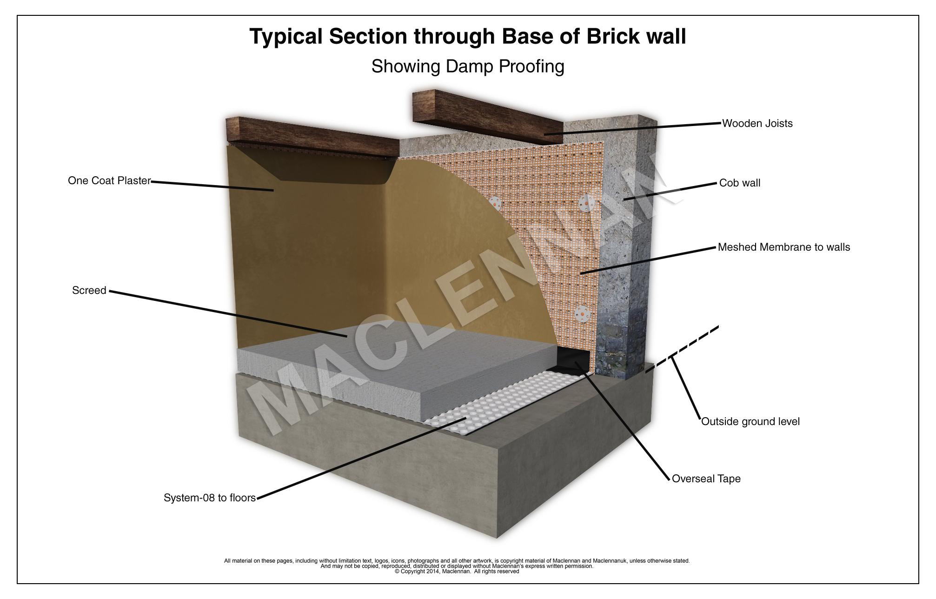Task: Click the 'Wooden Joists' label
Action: click(x=757, y=124)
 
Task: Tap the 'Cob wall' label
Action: click(x=739, y=183)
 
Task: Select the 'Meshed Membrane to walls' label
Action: click(x=783, y=247)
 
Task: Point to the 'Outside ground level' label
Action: click(x=750, y=422)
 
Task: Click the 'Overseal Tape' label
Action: click(x=706, y=479)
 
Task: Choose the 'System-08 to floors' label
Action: click(x=210, y=498)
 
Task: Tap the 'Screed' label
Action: click(x=89, y=291)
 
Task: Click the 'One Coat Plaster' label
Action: click(x=109, y=180)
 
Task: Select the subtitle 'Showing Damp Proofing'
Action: click(x=468, y=67)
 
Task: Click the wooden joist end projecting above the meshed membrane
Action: click(x=488, y=116)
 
